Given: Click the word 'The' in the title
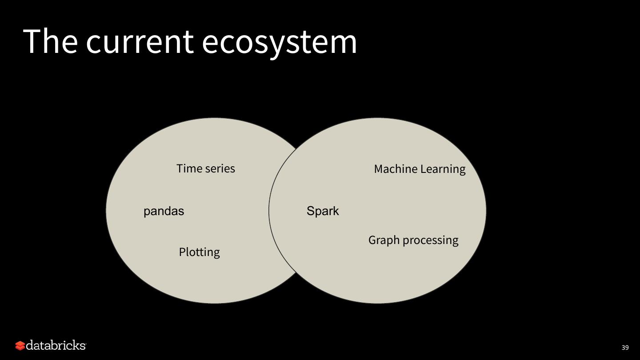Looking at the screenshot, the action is tap(50, 41).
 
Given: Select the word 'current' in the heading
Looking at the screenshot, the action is tap(140, 42).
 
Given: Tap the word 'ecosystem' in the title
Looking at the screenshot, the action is tap(279, 43).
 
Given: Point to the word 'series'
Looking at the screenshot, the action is tap(220, 169).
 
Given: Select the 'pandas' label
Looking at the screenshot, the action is tap(164, 212).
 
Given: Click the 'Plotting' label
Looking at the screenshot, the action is tap(199, 252).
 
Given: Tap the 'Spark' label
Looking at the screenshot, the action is tap(323, 212).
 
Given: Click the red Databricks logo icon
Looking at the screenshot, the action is tap(20, 346).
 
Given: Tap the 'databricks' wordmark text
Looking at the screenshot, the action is tap(56, 345).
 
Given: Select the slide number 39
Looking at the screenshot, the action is tap(625, 348).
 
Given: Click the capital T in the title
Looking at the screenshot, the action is tap(32, 41).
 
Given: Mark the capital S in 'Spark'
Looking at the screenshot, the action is tap(310, 211).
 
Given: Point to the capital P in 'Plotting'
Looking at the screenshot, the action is tap(182, 252).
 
